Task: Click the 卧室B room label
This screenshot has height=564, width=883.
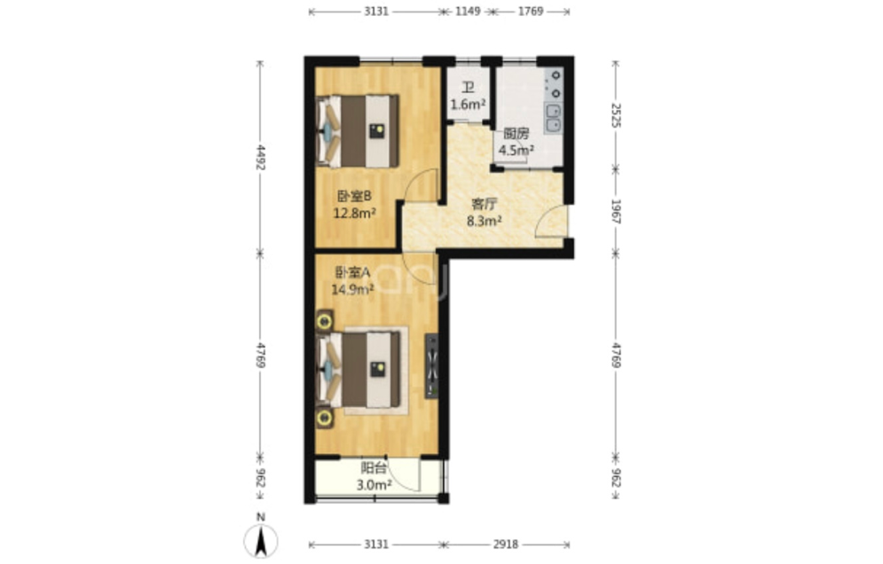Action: coord(354,197)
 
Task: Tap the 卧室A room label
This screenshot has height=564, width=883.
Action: coord(352,273)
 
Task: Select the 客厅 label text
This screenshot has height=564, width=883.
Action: coord(484,204)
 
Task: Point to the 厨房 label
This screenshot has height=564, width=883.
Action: coord(516,134)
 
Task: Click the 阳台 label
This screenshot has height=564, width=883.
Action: coord(374,467)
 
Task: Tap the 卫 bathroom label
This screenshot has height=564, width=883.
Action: coord(468,88)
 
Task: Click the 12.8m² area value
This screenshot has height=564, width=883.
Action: coord(354,214)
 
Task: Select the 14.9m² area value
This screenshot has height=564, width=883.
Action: coord(352,290)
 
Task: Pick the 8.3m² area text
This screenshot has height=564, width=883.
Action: coord(484,221)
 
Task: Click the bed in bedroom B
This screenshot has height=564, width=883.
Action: coord(358,131)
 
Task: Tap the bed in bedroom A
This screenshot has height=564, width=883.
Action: coord(359,369)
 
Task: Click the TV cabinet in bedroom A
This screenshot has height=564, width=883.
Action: coord(432,366)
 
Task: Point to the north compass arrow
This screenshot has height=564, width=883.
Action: coord(260,541)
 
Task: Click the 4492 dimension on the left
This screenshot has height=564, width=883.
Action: coord(261,157)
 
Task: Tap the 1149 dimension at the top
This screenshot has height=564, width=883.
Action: coord(468,12)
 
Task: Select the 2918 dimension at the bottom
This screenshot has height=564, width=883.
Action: coord(505,544)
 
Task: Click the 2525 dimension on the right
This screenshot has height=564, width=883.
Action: coord(617,114)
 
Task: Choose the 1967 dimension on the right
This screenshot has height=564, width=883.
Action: coord(617,212)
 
